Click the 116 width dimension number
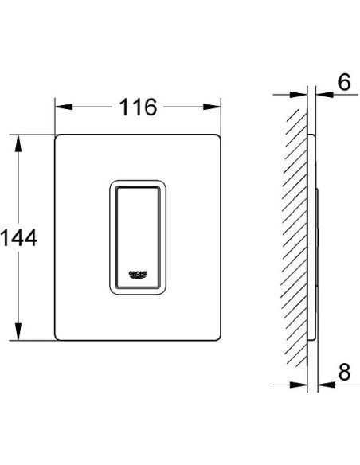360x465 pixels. (138, 107)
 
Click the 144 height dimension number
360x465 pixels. (19, 237)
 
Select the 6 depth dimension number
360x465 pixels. (344, 82)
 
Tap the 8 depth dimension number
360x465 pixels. (344, 372)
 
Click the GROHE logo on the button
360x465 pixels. (138, 275)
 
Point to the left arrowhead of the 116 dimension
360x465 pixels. (64, 107)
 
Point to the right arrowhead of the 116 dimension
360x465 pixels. (212, 107)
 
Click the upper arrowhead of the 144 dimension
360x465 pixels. (18, 143)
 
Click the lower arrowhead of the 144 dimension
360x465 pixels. (18, 331)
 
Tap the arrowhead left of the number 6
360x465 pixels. (325, 95)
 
